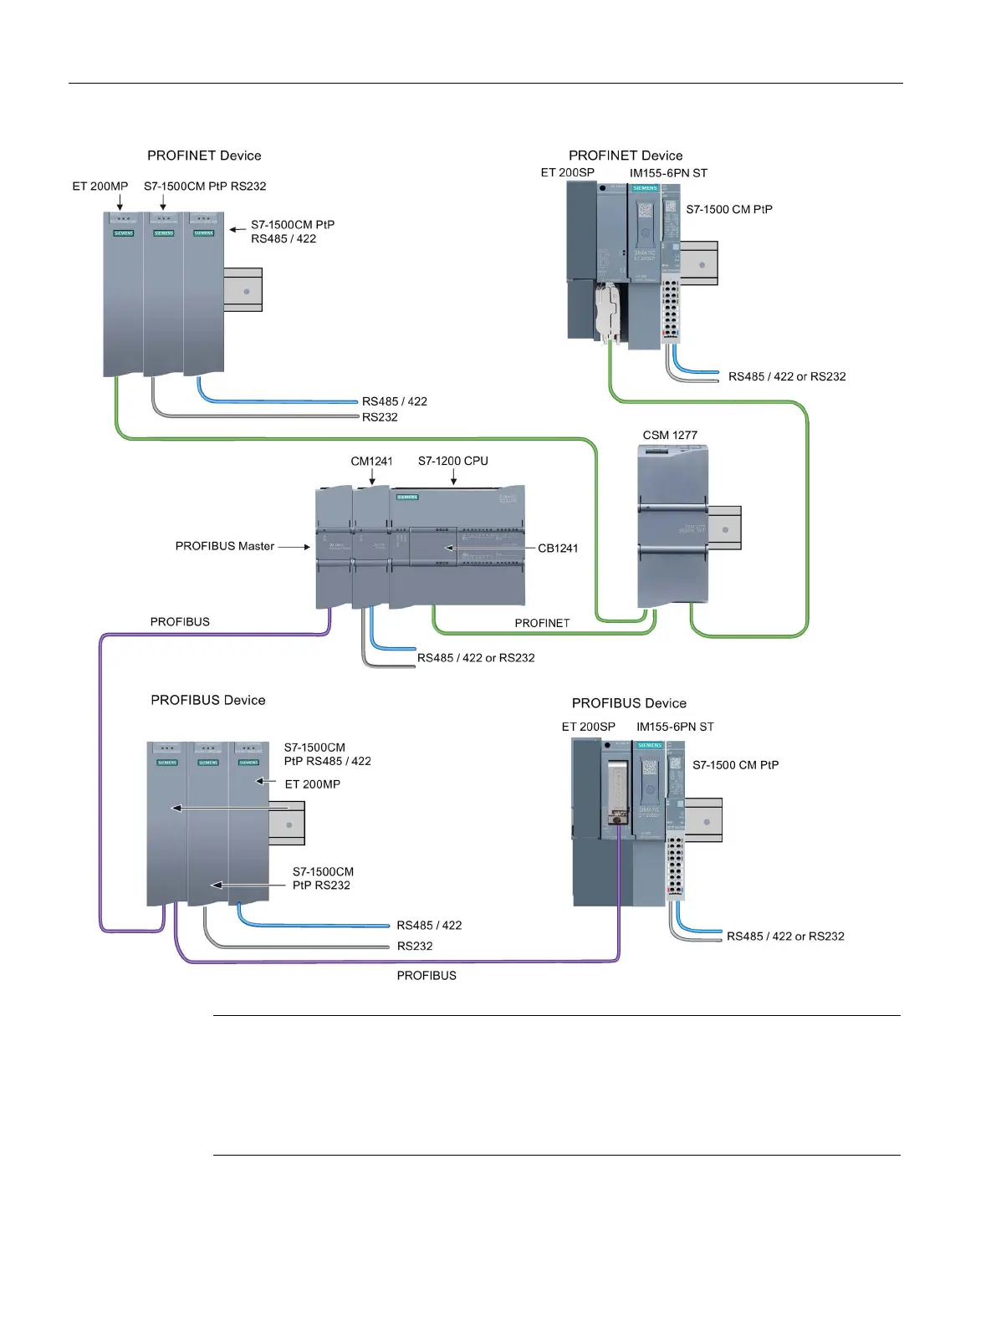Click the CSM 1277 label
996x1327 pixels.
670,435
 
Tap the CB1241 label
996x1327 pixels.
558,549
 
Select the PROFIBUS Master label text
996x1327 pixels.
224,546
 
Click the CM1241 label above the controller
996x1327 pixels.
371,461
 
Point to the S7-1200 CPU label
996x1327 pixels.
453,461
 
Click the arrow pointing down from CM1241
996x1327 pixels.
372,477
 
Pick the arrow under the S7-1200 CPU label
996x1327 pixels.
453,477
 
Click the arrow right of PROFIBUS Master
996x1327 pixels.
294,547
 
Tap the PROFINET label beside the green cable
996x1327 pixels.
542,623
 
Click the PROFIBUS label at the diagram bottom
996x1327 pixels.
426,976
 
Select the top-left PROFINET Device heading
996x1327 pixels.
204,156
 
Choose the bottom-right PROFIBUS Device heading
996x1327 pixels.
629,703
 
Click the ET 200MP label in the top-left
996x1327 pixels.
100,186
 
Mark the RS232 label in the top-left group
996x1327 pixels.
380,417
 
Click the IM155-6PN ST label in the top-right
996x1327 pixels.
668,173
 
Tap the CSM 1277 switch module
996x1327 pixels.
672,527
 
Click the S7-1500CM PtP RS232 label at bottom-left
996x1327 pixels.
322,879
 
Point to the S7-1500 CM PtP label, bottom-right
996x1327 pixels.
736,765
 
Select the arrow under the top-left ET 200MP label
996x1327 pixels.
120,202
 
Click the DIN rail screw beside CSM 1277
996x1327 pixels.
725,529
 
